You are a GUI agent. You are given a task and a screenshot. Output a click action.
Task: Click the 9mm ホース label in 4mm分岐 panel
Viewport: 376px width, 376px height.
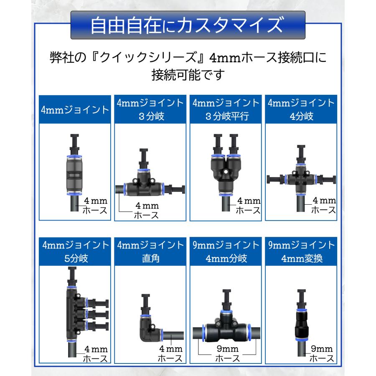pyautogui.click(x=227, y=353)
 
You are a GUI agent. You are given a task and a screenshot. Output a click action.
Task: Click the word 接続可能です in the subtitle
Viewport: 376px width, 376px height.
pyautogui.click(x=188, y=76)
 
